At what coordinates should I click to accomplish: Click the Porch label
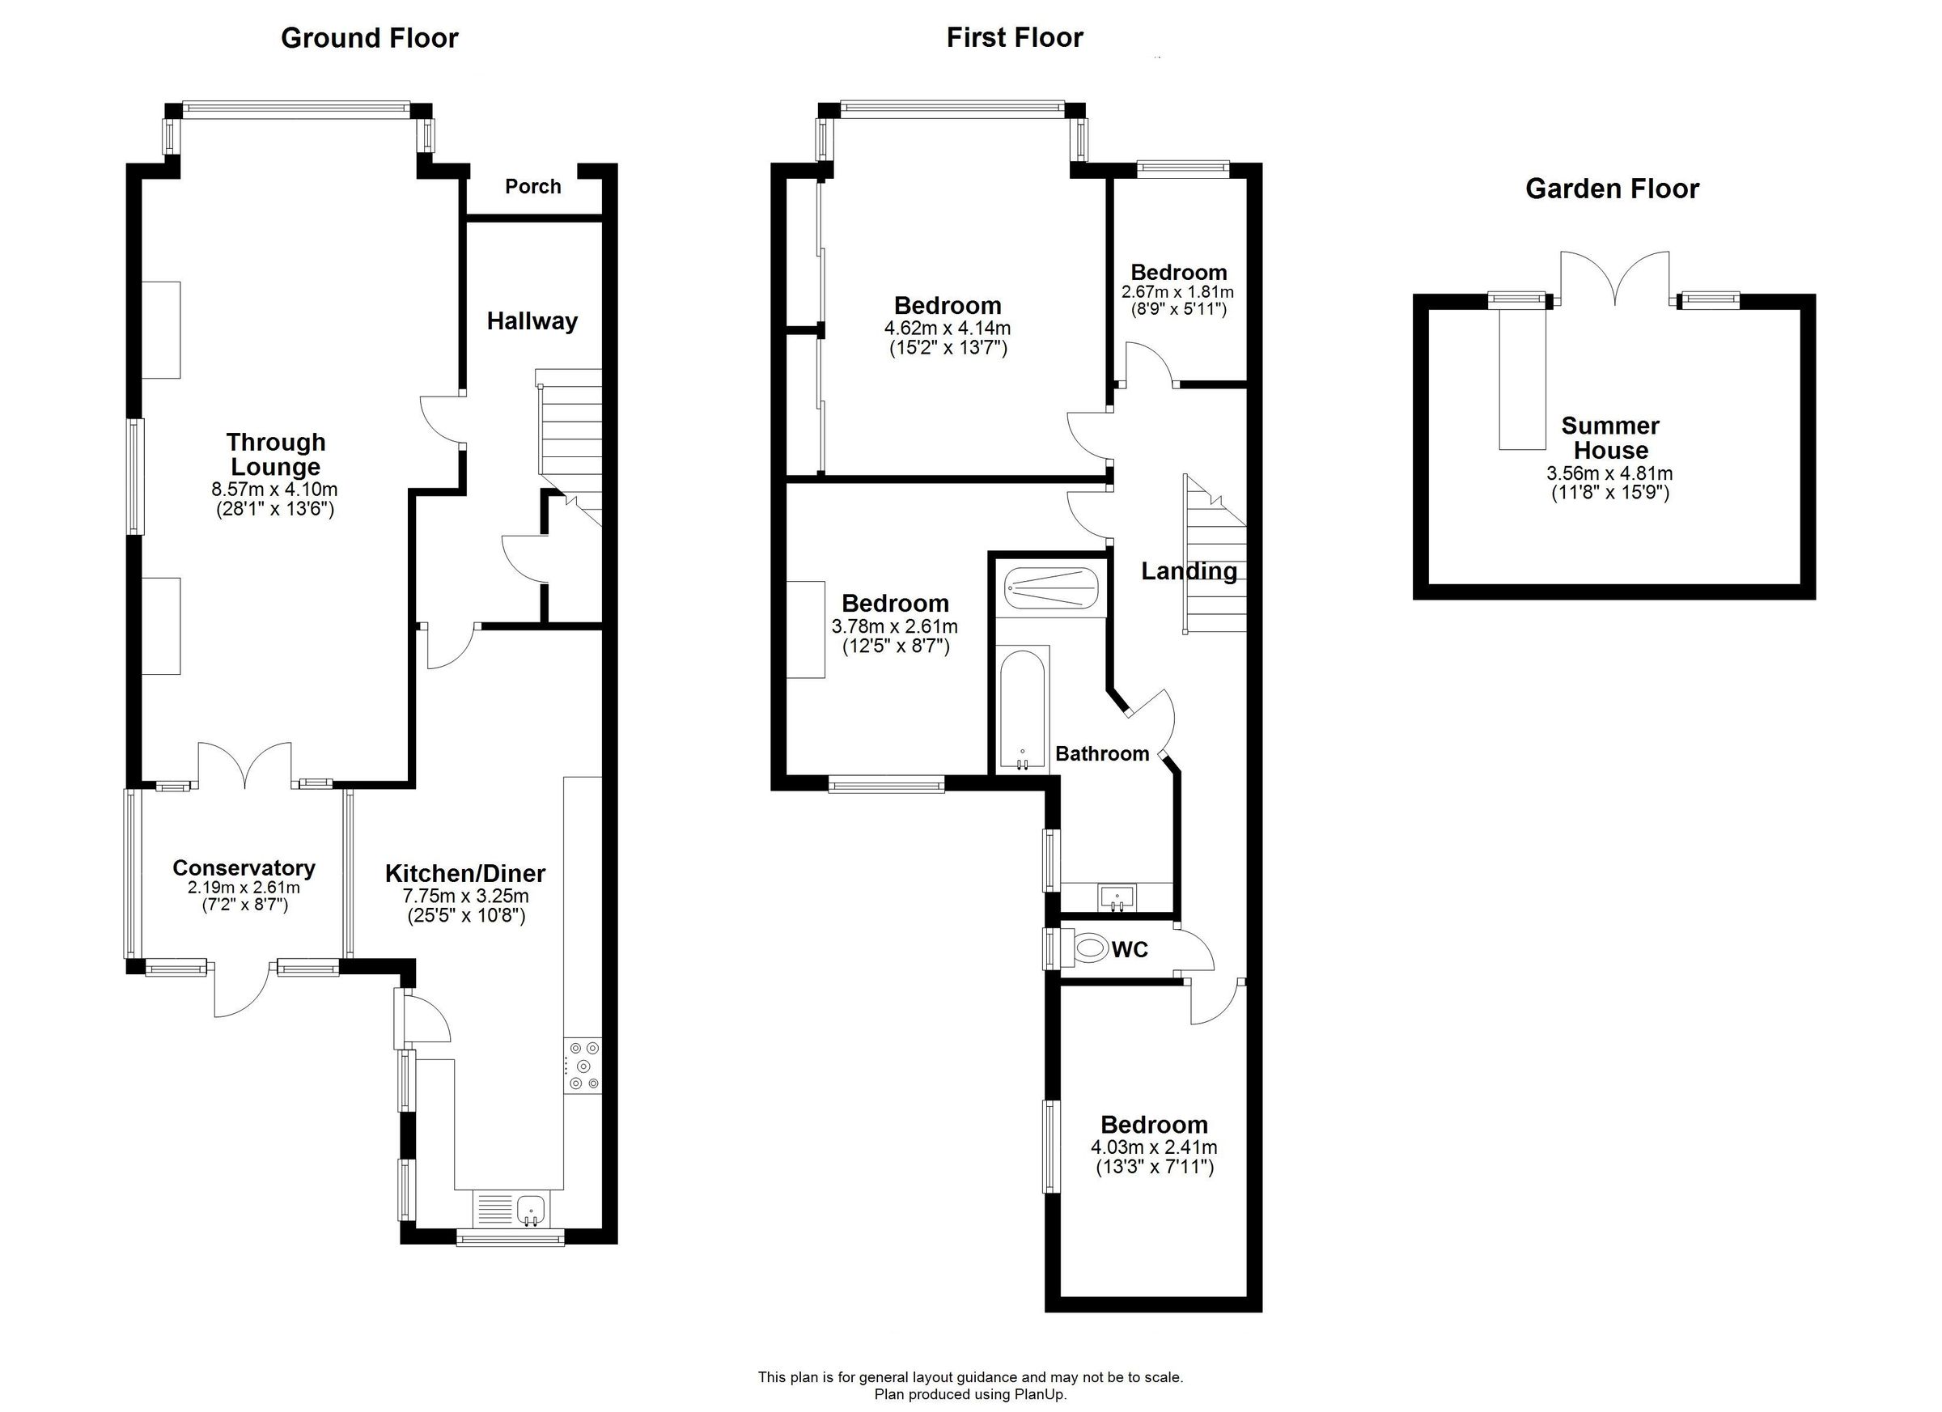tap(532, 187)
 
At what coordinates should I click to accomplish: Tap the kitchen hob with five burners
tap(583, 1066)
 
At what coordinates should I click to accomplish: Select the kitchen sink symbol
tap(531, 1210)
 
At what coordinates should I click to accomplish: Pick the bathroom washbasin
tap(1117, 898)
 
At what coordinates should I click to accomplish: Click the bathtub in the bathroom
tap(1022, 709)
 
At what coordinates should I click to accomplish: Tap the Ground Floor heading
tap(369, 39)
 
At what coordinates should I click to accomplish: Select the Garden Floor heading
tap(1612, 189)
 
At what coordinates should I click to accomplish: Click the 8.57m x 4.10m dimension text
tap(275, 490)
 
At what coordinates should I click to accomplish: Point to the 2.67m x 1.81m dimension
tap(1177, 292)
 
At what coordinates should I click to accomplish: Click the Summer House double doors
tap(1614, 278)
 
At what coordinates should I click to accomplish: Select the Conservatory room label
tap(244, 868)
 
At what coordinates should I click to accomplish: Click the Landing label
tap(1189, 571)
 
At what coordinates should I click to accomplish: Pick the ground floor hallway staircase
tap(570, 441)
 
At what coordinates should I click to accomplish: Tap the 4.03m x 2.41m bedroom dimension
tap(1153, 1147)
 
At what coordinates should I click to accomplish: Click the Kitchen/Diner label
tap(465, 873)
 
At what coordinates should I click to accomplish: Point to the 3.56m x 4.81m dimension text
tap(1609, 473)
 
